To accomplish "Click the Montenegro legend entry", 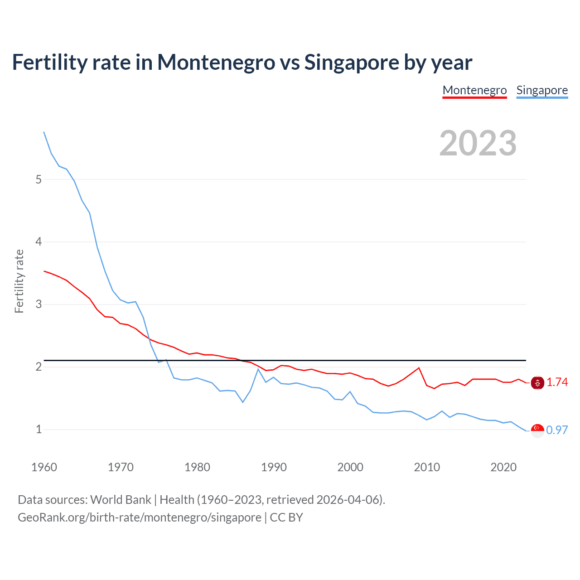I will [474, 90].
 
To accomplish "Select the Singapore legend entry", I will [542, 90].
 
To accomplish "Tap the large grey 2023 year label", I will [478, 143].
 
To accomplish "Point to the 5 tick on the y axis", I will [39, 179].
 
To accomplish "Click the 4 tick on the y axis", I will [39, 242].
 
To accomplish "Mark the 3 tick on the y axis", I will [39, 304].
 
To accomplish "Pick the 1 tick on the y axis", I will [39, 429].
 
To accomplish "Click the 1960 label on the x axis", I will [44, 467].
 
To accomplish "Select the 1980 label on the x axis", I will [197, 467].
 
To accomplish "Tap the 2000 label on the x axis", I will [350, 467].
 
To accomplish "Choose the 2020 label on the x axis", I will [503, 467].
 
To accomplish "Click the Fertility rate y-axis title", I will [19, 281].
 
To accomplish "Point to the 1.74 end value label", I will [557, 382].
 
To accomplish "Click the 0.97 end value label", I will [557, 430].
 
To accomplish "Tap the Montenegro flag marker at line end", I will [537, 383].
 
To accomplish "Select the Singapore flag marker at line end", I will [537, 430].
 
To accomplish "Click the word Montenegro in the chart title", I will [216, 63].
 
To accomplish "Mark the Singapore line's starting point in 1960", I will [44, 132].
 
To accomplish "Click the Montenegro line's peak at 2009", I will [419, 368].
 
